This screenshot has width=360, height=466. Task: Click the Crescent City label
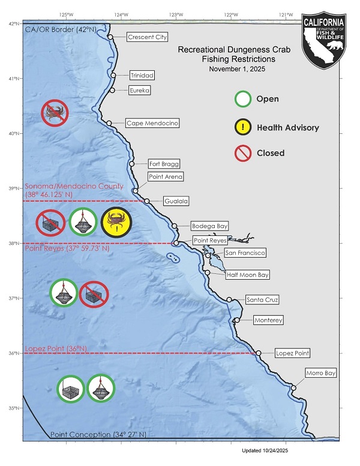coord(147,37)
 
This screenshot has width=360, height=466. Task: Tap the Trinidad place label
coord(142,76)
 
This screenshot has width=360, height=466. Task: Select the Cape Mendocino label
coord(152,123)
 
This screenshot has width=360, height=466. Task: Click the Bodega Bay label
coord(209,226)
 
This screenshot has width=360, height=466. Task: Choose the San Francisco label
coord(244,253)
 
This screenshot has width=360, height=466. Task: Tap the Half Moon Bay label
coord(247,275)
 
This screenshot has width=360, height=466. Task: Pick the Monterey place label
coord(267,320)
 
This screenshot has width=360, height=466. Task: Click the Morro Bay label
coord(321,373)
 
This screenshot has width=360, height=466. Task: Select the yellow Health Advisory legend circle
coord(243,127)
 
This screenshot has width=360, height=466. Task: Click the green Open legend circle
coord(243,98)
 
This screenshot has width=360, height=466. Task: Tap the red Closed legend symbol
coord(243,154)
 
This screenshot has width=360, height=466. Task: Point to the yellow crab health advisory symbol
coord(115,222)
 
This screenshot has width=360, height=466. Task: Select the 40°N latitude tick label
coord(14,133)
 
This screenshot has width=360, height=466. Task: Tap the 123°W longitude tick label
coord(176,14)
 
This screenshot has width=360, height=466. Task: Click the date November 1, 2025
coord(237,70)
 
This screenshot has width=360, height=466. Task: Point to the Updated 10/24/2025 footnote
coord(265,450)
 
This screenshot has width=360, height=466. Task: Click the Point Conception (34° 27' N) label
coord(98,434)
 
